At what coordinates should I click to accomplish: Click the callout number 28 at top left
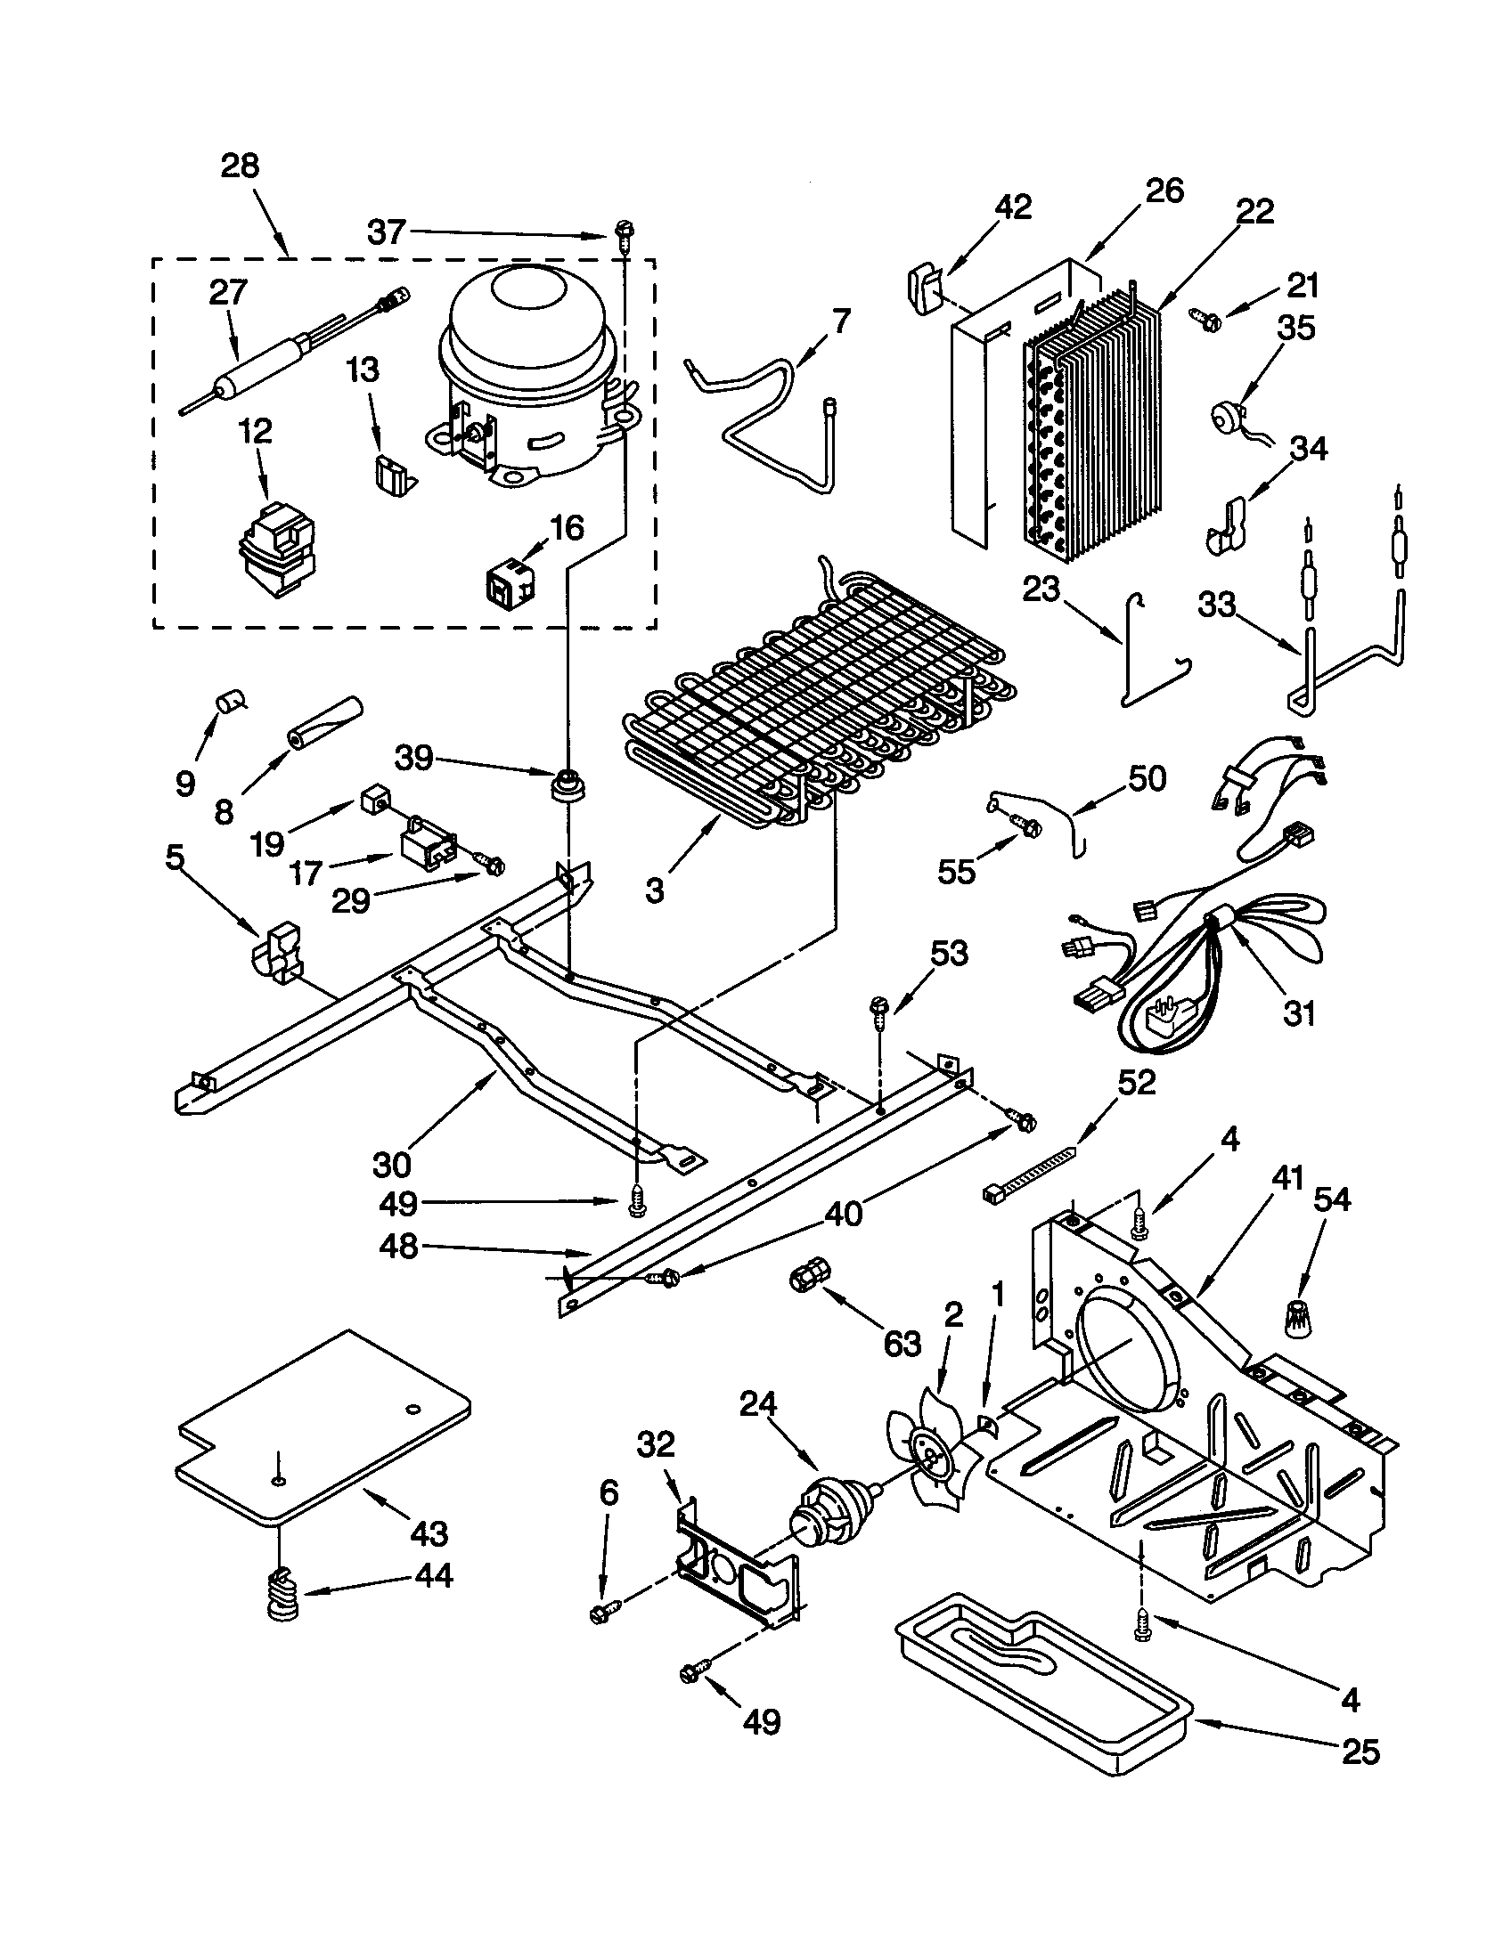pyautogui.click(x=240, y=167)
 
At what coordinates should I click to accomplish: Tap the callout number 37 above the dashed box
pyautogui.click(x=388, y=232)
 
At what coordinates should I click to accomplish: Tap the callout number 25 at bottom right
pyautogui.click(x=1360, y=1751)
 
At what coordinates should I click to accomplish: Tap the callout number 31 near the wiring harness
pyautogui.click(x=1298, y=1013)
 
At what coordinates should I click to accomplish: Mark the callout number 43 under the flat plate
pyautogui.click(x=428, y=1533)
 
